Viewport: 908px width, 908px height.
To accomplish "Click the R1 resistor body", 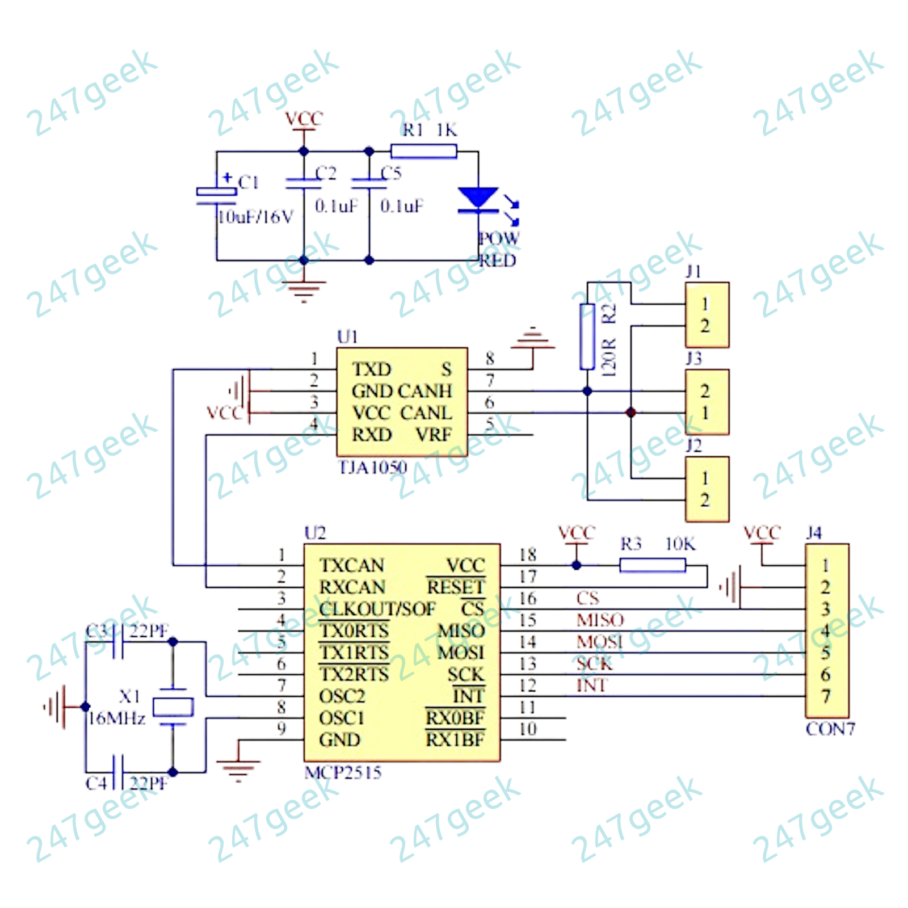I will (423, 151).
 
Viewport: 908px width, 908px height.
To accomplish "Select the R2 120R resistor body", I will (587, 336).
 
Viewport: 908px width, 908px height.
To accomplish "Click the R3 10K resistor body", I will (652, 565).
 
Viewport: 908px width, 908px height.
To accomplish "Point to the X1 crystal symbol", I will (173, 707).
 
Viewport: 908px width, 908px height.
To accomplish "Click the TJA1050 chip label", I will (372, 468).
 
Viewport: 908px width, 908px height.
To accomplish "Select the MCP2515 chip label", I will (343, 772).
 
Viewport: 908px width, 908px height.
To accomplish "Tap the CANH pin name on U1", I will (425, 391).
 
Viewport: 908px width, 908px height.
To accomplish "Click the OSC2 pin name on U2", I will (342, 696).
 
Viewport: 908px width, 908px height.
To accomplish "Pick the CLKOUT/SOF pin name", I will (377, 609).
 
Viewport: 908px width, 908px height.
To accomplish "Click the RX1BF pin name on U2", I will (455, 740).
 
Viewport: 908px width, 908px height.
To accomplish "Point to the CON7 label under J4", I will (830, 729).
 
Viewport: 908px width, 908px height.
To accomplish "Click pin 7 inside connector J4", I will (826, 696).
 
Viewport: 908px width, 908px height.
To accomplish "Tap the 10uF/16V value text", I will (256, 217).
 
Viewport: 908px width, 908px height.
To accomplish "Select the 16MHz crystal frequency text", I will (117, 719).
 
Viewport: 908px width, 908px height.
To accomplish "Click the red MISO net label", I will (600, 620).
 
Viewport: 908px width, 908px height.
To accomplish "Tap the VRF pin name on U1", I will (434, 435).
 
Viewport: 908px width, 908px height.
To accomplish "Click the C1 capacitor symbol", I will (216, 195).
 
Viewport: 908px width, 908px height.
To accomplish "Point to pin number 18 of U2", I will (528, 555).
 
